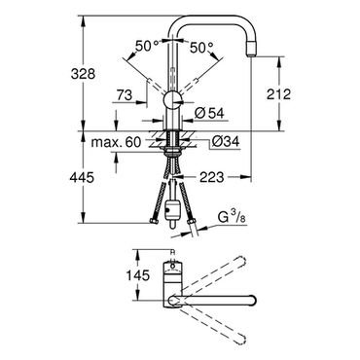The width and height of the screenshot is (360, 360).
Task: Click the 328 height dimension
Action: (83, 74)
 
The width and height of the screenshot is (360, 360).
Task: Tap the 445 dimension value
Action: (82, 177)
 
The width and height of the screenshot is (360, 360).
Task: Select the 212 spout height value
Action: (278, 94)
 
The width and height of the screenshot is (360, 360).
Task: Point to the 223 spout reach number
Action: (211, 177)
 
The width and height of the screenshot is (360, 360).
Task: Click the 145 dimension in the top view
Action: (137, 275)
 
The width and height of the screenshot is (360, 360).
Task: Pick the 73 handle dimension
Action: (125, 95)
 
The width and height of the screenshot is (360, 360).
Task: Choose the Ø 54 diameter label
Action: (209, 113)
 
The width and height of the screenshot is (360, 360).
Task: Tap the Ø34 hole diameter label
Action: (226, 141)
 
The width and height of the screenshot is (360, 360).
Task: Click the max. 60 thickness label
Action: (116, 142)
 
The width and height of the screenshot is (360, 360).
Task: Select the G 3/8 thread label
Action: (232, 217)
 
